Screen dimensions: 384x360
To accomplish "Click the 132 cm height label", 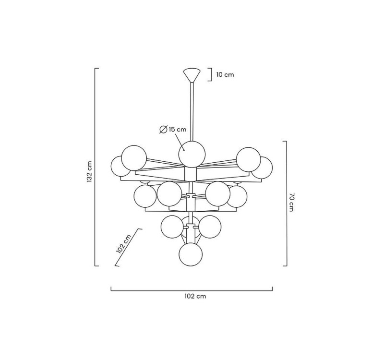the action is (x=89, y=171).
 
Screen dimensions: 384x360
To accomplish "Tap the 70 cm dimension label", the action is (x=291, y=202).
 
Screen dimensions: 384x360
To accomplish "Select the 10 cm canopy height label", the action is (x=225, y=74).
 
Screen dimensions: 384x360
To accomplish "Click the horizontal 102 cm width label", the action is (x=195, y=296).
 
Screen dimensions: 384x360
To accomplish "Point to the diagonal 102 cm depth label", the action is (x=124, y=244).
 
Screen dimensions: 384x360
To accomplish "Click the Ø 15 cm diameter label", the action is (x=173, y=129).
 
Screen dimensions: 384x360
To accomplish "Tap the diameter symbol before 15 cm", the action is (x=163, y=130).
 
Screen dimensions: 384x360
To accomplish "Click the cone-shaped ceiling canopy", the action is (x=192, y=75).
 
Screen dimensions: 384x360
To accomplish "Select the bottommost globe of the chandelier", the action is (x=191, y=254).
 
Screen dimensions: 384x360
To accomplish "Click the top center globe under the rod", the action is (x=192, y=154).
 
